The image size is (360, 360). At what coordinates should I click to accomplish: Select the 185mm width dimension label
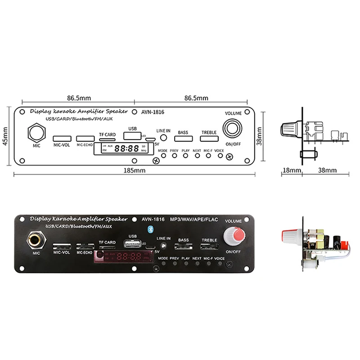point(135,171)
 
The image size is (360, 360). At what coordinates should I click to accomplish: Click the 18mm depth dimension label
point(292,171)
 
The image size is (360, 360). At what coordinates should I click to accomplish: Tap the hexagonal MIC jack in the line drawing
point(36,133)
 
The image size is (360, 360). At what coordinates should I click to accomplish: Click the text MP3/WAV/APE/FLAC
point(194,219)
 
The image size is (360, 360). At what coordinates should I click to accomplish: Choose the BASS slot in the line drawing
point(183,140)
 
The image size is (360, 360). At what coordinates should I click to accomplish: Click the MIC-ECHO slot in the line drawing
point(85,138)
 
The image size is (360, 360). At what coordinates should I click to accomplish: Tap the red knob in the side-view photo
point(288,236)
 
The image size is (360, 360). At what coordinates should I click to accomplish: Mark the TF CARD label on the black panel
point(107,243)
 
